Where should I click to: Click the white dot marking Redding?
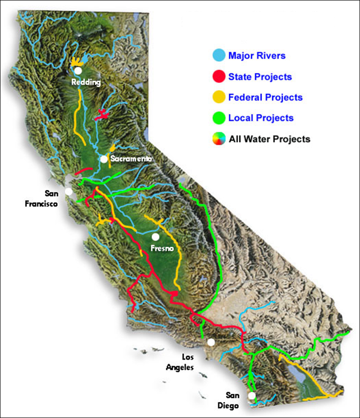click(78, 71)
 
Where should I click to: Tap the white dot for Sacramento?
click(104, 159)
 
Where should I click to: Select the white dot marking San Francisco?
click(69, 191)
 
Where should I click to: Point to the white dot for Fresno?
click(155, 236)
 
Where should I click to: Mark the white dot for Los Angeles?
click(211, 342)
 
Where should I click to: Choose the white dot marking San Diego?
click(252, 395)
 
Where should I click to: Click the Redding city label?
click(86, 82)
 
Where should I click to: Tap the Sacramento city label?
click(132, 159)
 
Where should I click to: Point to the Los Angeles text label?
click(180, 361)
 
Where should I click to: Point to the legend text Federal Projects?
click(265, 98)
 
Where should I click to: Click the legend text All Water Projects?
click(269, 139)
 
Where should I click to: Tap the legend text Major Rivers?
click(257, 56)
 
